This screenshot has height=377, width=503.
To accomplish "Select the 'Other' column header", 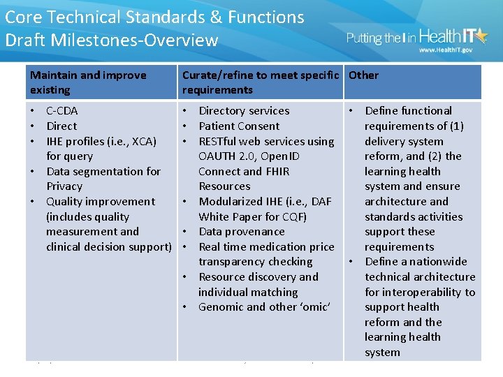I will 363,75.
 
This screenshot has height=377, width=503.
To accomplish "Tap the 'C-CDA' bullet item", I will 61,111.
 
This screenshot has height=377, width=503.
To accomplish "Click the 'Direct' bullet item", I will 61,126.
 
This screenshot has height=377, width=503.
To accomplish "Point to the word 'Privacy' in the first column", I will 64,186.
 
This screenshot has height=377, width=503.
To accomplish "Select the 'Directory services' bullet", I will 244,111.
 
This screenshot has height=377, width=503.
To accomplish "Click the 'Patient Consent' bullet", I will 239,126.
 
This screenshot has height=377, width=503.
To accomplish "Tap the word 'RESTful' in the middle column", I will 221,142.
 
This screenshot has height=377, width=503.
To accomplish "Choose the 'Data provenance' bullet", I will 242,232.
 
